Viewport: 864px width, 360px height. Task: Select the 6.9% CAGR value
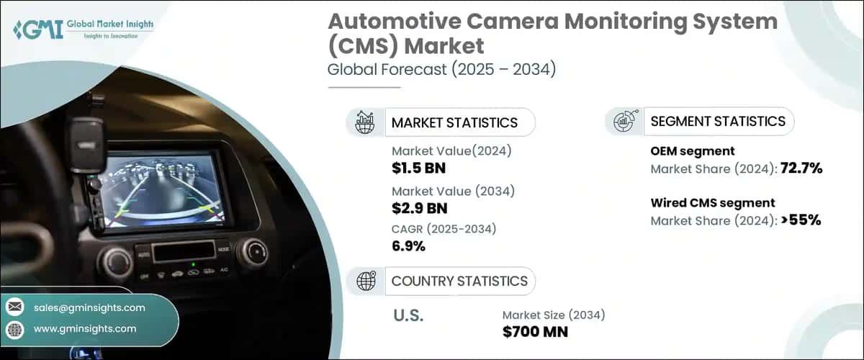point(408,246)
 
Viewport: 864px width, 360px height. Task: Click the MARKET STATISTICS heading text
point(454,122)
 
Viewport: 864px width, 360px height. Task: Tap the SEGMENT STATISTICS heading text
point(718,121)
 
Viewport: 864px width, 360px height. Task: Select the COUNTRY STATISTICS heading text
point(459,281)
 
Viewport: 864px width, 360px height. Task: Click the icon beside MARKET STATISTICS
point(365,122)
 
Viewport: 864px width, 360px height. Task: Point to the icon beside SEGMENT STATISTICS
point(624,122)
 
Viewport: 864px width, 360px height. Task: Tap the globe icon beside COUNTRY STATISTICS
point(366,281)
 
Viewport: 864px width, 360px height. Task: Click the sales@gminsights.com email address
point(89,307)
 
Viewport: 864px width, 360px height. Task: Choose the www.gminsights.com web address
point(85,328)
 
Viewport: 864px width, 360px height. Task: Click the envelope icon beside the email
point(15,307)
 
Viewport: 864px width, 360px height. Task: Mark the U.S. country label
point(408,315)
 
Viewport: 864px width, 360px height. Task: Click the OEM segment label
point(693,151)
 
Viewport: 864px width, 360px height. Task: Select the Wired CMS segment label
point(713,202)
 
